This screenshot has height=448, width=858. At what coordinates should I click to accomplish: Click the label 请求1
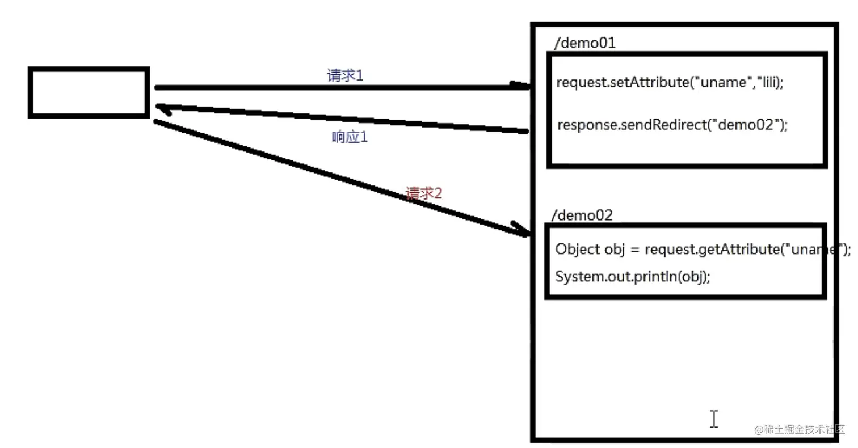(344, 75)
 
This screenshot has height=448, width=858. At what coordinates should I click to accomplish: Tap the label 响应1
(349, 137)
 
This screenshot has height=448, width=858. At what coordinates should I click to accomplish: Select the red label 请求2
(424, 193)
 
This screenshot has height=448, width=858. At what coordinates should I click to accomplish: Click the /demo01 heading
(584, 43)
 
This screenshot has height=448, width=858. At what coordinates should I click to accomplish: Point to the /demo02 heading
(582, 215)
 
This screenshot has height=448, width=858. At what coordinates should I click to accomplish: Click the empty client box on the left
(89, 92)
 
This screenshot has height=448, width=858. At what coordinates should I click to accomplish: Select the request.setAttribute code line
(670, 82)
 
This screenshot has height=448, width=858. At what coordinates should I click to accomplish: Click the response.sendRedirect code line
(672, 125)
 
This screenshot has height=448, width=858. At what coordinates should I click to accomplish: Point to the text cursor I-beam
(713, 419)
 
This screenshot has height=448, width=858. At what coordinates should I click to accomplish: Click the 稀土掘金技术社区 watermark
(800, 429)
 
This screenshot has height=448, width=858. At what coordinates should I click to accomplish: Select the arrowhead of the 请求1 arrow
(521, 86)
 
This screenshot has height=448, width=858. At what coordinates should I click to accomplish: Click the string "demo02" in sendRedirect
(743, 125)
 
